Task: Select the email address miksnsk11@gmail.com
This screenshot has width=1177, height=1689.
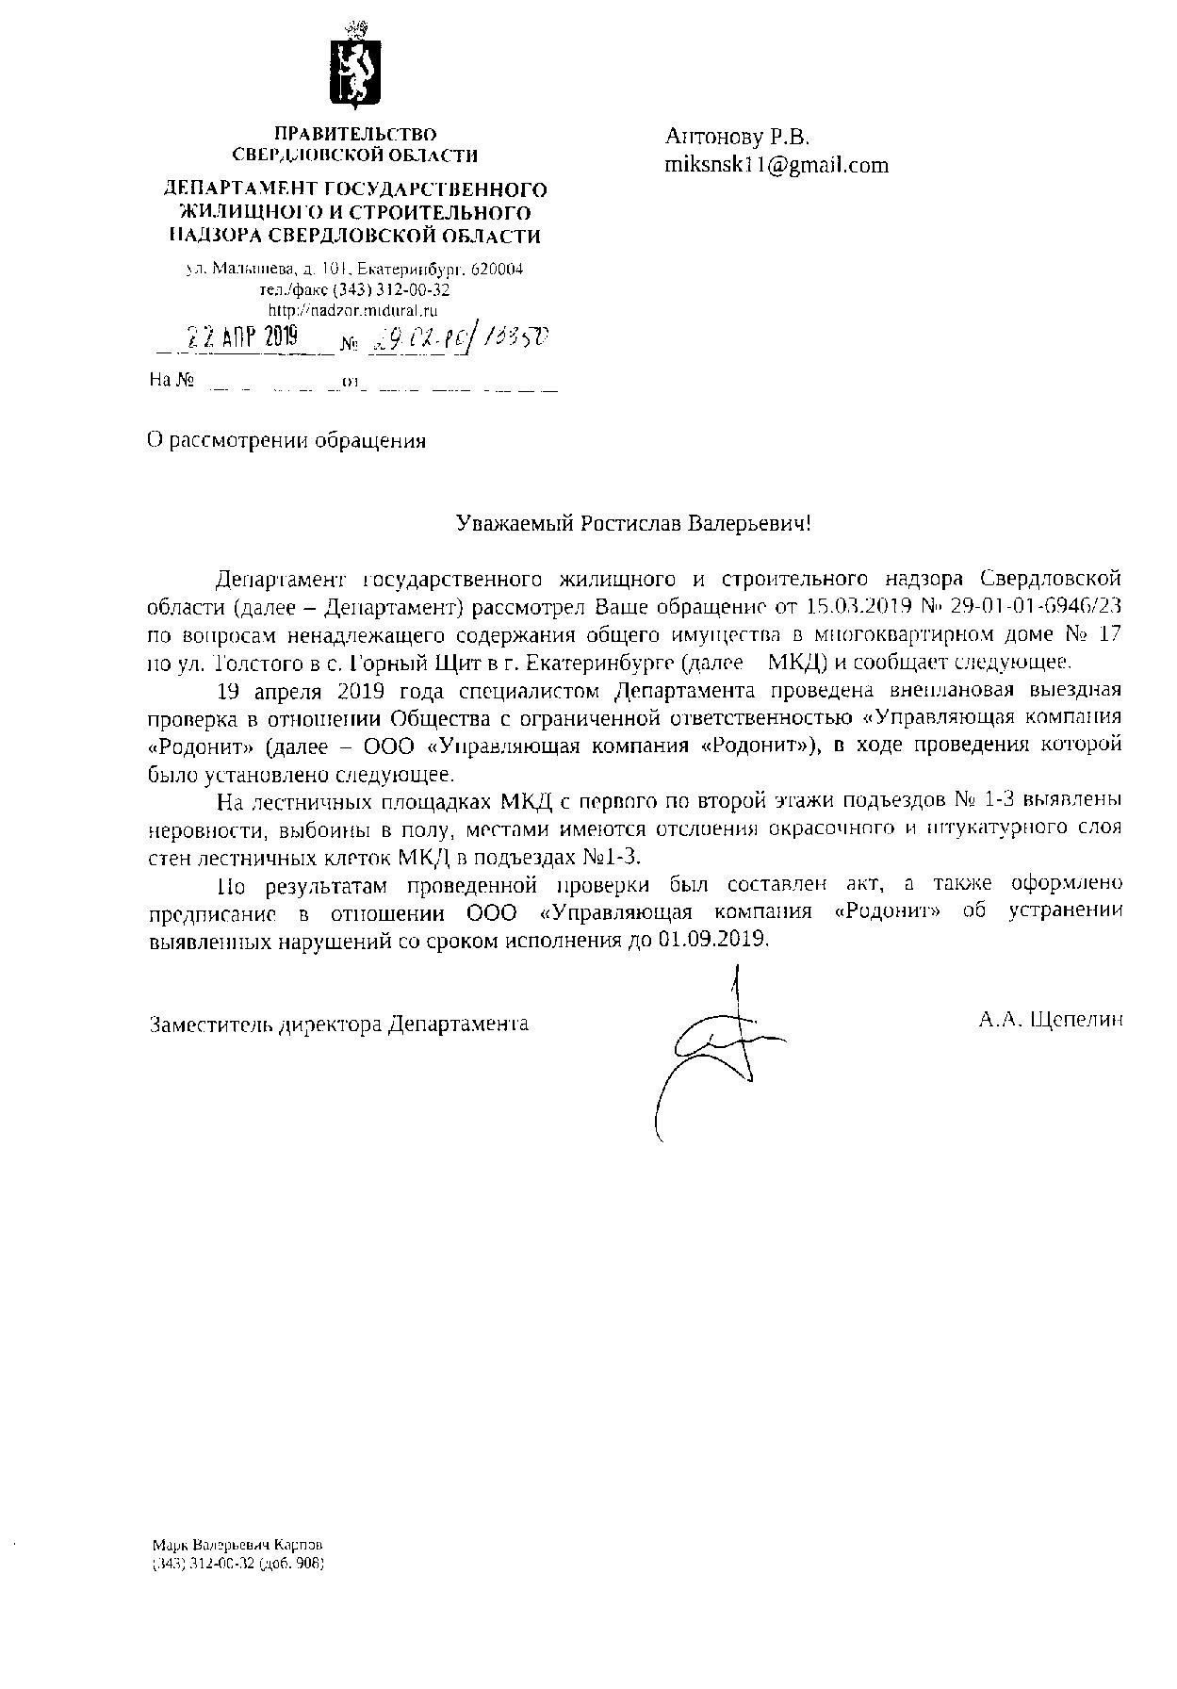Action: [776, 165]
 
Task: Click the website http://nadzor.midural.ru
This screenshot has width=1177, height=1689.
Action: [353, 309]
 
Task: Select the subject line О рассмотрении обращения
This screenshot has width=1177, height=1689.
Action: [287, 440]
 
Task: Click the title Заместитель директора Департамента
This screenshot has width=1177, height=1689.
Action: [339, 1024]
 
